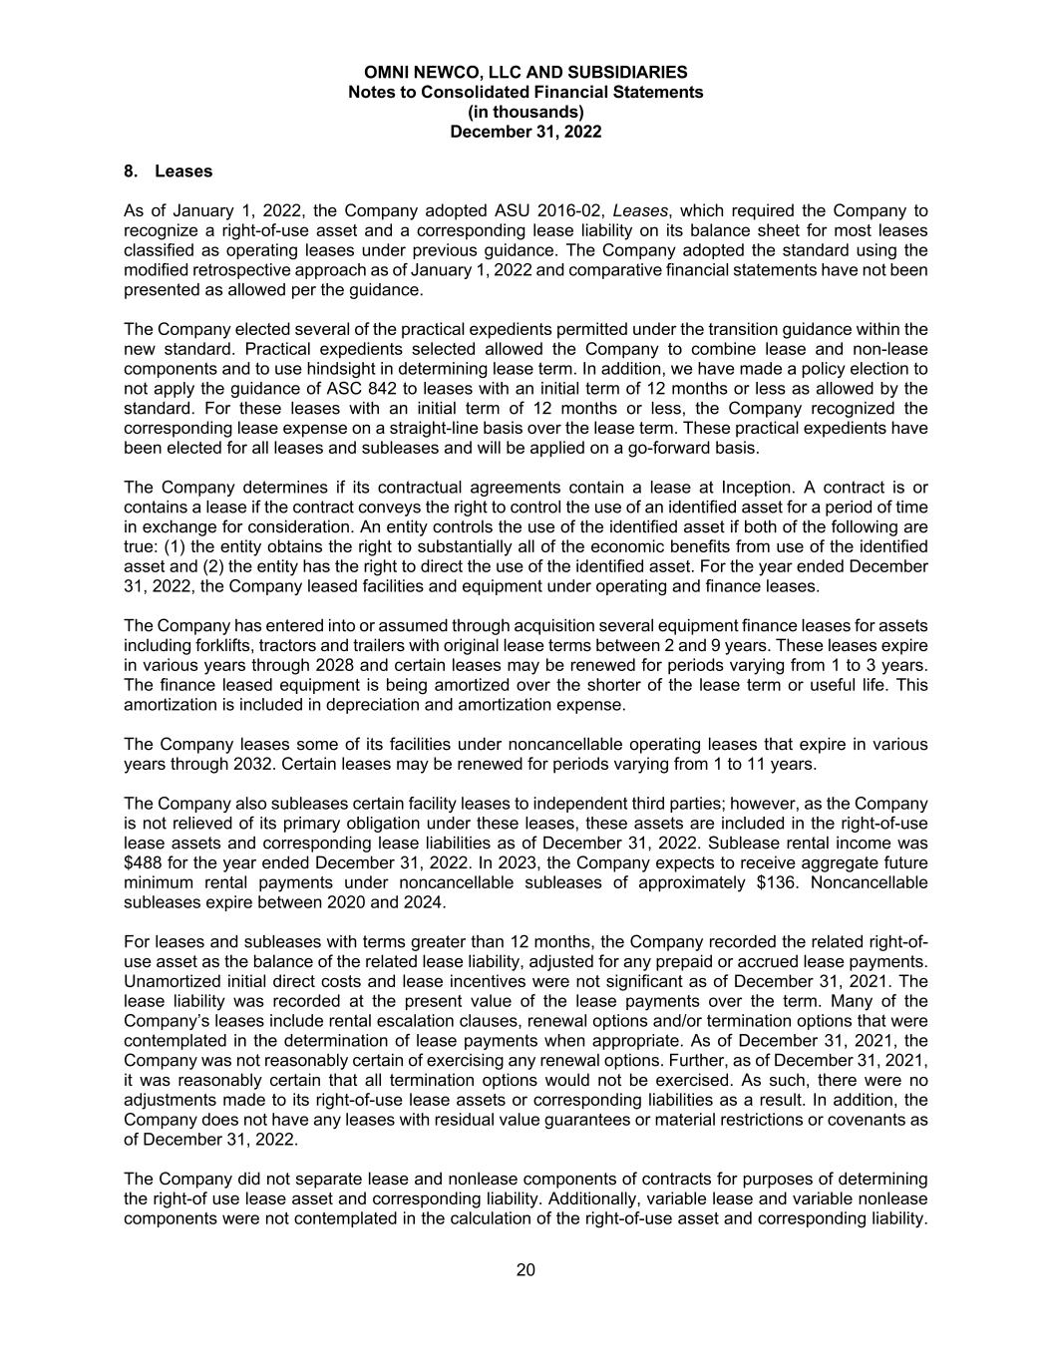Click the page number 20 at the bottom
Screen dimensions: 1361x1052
point(526,1269)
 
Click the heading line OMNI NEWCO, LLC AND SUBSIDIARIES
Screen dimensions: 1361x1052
point(526,72)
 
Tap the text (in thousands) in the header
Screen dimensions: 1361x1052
point(526,112)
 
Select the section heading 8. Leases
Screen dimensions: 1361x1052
point(169,170)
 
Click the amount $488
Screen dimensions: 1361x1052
point(144,862)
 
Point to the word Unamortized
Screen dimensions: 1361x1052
point(173,981)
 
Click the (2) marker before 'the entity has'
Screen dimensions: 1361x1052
point(173,565)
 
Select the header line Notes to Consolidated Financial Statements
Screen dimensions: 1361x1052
point(526,92)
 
